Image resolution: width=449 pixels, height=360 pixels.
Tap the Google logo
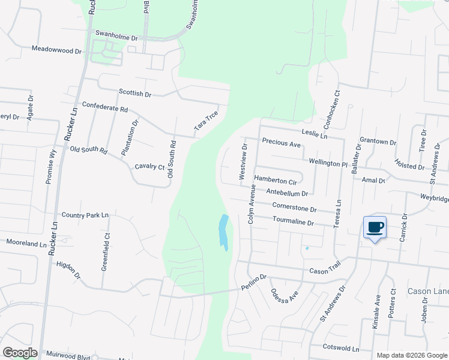20,352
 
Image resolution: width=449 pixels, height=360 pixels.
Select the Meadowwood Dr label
56,51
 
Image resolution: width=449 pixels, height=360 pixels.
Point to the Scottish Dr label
135,93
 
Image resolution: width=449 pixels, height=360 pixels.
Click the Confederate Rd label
105,109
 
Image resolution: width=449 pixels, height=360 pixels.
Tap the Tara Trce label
205,122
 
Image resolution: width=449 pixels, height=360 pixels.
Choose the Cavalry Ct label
149,166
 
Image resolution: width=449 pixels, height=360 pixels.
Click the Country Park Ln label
85,215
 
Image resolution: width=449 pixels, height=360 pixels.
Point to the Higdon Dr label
68,270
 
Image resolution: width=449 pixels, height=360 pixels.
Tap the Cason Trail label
325,271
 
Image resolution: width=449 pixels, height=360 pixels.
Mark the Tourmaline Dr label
293,222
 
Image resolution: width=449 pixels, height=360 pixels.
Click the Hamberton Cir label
276,179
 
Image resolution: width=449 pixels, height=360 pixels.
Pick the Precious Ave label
282,144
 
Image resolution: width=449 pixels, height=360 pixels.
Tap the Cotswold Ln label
340,349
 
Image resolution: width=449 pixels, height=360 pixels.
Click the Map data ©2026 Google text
411,355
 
